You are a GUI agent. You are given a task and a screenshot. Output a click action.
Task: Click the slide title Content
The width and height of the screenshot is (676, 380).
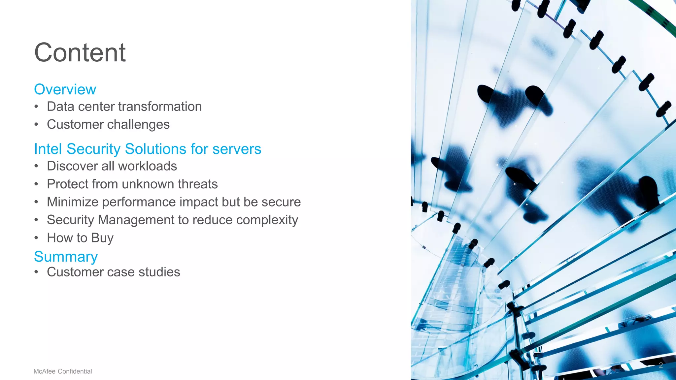coord(80,53)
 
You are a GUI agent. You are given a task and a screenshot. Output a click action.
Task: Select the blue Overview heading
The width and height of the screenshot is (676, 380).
coord(65,89)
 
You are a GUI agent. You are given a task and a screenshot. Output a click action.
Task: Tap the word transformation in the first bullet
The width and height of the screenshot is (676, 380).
coord(160,107)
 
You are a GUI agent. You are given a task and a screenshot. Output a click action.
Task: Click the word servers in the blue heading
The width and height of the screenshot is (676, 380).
coord(237,149)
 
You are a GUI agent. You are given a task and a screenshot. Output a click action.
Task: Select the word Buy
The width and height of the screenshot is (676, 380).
coord(102,238)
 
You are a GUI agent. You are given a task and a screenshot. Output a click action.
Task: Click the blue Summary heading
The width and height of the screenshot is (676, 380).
coord(66,257)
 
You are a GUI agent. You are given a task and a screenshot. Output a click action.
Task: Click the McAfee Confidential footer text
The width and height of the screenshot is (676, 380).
coord(63,371)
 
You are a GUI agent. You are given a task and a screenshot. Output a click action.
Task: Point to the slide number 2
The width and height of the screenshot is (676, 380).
coord(660,365)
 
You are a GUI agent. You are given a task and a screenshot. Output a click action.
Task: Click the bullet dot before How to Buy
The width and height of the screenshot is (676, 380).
coord(36,238)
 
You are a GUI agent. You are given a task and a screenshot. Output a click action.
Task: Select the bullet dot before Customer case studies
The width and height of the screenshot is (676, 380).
coord(36,272)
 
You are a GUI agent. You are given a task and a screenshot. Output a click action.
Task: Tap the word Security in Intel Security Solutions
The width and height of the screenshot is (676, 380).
coord(93,149)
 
